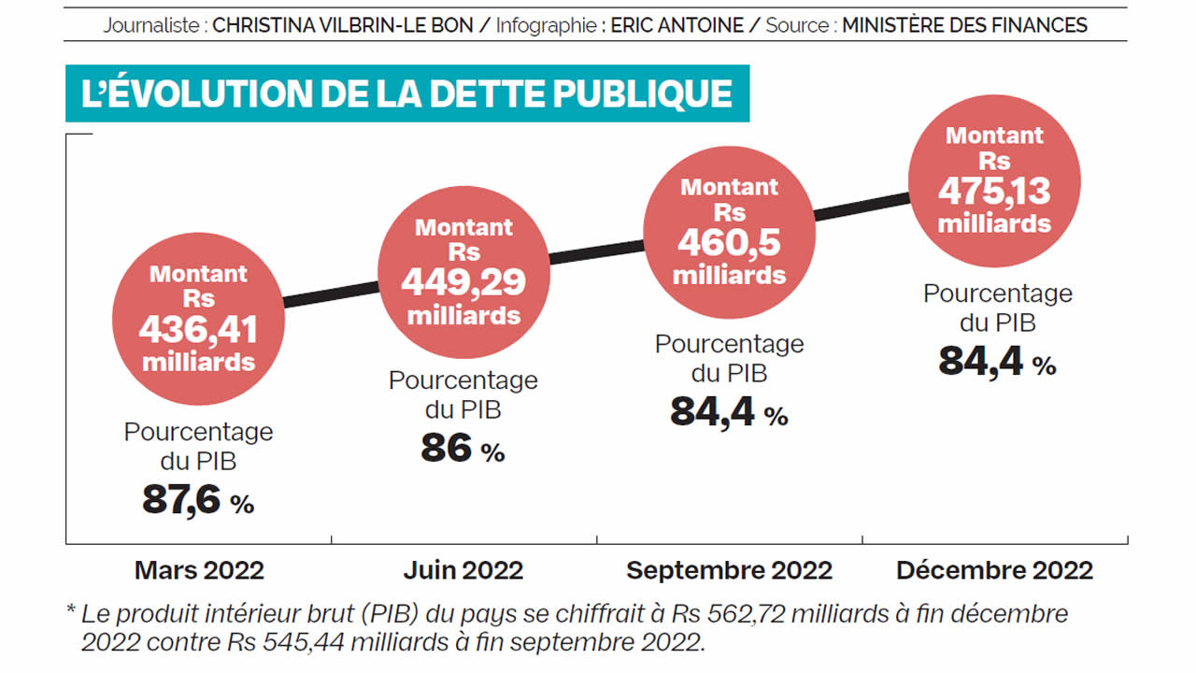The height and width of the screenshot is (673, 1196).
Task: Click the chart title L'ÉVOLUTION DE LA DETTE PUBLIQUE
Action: pyautogui.click(x=406, y=93)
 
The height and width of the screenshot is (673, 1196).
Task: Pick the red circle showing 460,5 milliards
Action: pyautogui.click(x=729, y=232)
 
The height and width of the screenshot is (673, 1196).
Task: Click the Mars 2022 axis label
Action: pyautogui.click(x=199, y=570)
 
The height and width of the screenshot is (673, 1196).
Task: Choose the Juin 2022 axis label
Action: pyautogui.click(x=463, y=570)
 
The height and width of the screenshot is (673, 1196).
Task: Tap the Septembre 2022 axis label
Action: pyautogui.click(x=729, y=570)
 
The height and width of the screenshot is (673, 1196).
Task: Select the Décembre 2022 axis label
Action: pyautogui.click(x=994, y=570)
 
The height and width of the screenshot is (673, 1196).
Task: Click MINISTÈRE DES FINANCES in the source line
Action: pyautogui.click(x=964, y=25)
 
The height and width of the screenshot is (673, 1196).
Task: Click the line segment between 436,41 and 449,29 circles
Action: pyautogui.click(x=330, y=292)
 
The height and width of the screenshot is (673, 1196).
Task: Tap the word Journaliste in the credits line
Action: pyautogui.click(x=152, y=25)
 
